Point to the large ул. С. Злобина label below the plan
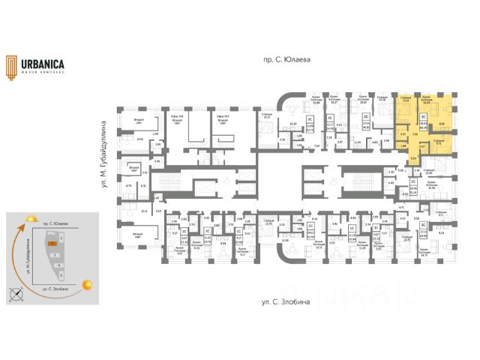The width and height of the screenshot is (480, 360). tap(281, 302)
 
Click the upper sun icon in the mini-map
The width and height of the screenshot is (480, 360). tap(29, 219)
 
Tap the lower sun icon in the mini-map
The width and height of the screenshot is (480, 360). tap(88, 284)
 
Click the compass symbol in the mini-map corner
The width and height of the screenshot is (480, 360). tap(12, 293)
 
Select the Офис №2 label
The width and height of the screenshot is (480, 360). tap(222, 118)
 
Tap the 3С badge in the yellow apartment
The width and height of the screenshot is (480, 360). tap(423, 117)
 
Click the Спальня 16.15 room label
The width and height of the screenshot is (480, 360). tap(267, 116)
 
